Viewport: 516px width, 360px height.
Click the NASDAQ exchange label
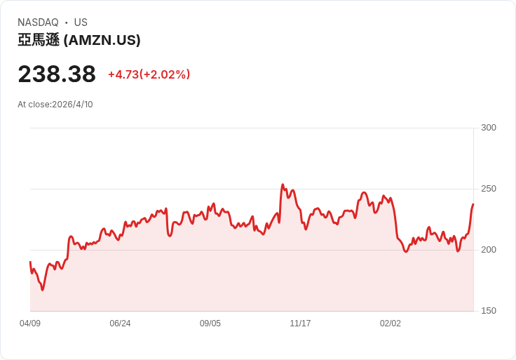point(38,22)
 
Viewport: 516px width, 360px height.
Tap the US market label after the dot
point(81,22)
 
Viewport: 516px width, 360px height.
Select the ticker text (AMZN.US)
point(102,41)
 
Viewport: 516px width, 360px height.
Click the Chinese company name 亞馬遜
point(39,41)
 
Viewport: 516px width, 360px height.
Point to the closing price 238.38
point(57,74)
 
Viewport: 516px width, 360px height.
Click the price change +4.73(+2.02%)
point(149,74)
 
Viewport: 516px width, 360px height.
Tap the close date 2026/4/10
point(72,105)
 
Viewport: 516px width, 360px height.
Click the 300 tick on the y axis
point(488,128)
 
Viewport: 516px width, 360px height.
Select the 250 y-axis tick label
point(488,189)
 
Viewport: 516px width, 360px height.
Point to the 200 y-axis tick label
point(488,250)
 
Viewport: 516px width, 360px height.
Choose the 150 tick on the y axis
point(488,311)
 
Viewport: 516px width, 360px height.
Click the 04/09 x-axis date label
point(30,324)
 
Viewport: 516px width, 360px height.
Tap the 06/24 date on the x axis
point(120,324)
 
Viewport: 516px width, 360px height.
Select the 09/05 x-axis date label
point(210,324)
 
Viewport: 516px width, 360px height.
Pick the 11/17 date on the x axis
point(300,324)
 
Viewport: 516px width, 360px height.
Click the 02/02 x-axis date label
point(391,324)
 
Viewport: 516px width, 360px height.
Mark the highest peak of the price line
point(283,185)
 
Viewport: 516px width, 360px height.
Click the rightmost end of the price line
point(473,204)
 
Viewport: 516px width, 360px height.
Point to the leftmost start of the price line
point(30,262)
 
